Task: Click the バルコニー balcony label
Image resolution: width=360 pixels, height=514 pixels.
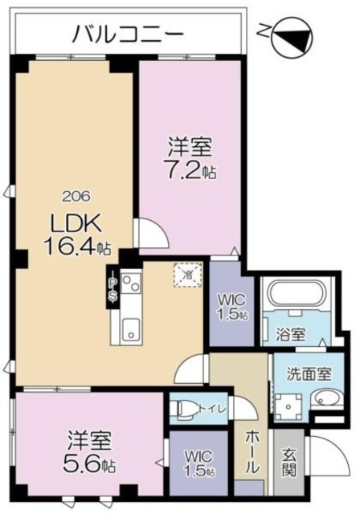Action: [129, 34]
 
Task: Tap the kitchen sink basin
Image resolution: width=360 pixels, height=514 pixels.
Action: [130, 327]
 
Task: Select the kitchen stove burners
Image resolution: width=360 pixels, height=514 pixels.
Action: [131, 284]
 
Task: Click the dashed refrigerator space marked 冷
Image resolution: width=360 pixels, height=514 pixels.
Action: [188, 275]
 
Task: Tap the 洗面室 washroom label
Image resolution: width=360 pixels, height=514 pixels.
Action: [312, 374]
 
